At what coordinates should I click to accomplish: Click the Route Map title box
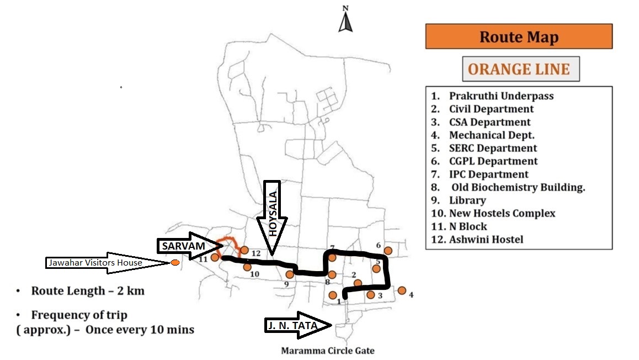pos(519,36)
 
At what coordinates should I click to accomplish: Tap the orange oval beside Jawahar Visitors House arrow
pos(175,263)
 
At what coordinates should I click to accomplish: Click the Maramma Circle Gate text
pos(328,351)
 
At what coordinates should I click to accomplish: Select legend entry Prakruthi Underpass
pos(500,96)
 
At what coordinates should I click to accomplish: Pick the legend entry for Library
pos(467,200)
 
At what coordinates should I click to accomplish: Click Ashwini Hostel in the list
pos(486,239)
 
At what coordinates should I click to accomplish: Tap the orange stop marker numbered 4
pos(402,290)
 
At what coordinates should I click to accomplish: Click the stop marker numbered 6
pos(388,251)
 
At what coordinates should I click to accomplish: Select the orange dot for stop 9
pos(289,274)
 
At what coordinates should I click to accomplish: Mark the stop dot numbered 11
pos(215,257)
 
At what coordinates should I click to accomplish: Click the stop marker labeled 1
pos(333,295)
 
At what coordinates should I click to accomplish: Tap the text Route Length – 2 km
pos(87,291)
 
